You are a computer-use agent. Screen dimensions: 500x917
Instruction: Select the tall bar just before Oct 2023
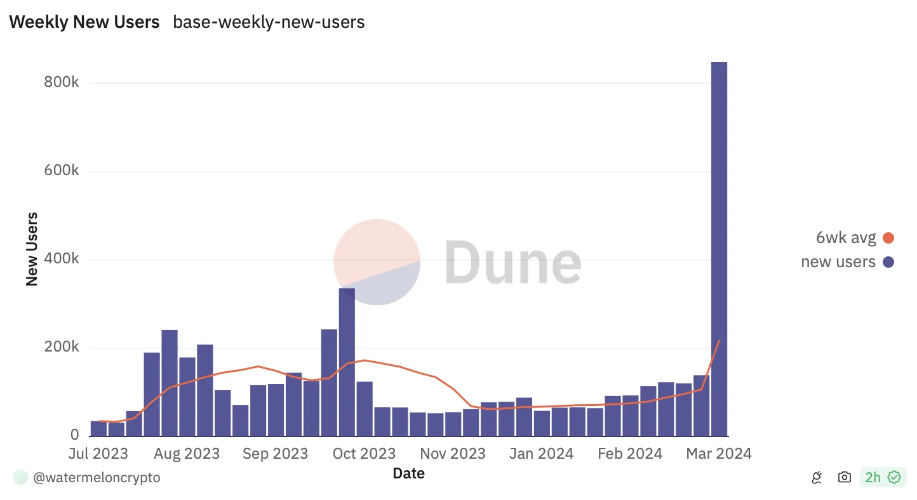tap(347, 362)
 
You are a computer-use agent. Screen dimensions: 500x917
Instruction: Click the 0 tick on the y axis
tap(74, 435)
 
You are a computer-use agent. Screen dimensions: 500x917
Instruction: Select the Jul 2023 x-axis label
tap(98, 454)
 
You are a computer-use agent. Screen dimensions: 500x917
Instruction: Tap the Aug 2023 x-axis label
tap(187, 454)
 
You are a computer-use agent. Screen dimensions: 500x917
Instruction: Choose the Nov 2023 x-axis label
tap(453, 454)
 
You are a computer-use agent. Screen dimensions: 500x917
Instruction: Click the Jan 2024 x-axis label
tap(541, 454)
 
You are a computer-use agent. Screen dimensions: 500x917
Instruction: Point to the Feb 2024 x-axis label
tap(630, 454)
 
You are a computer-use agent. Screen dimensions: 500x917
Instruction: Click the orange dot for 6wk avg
tap(888, 238)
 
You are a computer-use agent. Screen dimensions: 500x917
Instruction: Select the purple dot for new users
tap(888, 261)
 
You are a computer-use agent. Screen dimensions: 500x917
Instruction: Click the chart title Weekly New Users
tap(84, 22)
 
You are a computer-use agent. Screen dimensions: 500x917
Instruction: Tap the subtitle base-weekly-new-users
tap(269, 22)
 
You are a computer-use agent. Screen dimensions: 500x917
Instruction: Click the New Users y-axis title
tap(32, 249)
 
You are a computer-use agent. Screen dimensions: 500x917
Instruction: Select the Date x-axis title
tap(408, 473)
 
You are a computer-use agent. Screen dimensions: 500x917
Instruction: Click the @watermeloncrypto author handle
tap(97, 478)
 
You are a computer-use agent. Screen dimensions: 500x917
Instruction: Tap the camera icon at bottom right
tap(844, 477)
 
